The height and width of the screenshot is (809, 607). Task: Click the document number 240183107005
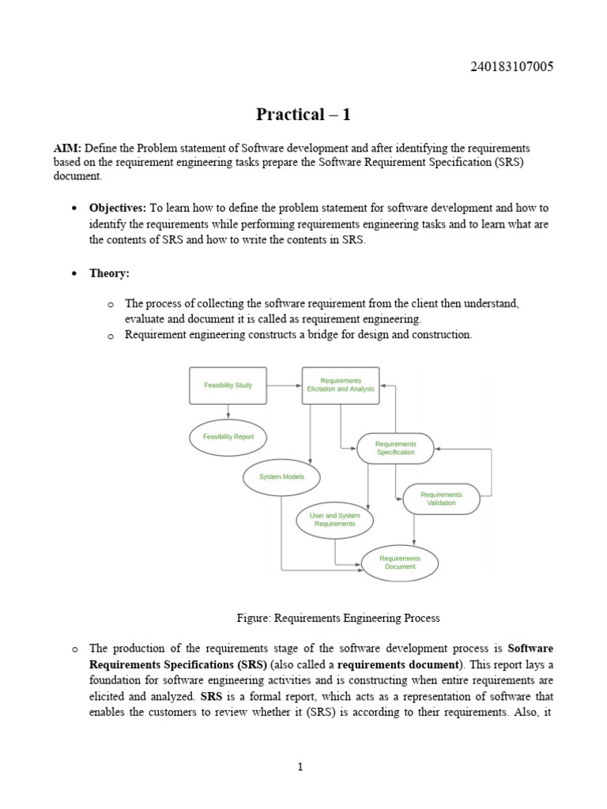tap(511, 66)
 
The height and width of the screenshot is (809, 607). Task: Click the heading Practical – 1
tap(303, 115)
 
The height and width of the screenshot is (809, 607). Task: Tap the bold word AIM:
tap(67, 149)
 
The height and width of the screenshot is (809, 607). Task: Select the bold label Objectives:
tap(118, 208)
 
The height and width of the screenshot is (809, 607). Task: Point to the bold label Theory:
tap(109, 273)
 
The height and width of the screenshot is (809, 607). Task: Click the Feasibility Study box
tap(228, 386)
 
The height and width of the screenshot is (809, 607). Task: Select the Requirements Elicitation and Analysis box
tap(341, 386)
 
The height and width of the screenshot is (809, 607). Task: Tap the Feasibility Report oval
tap(228, 437)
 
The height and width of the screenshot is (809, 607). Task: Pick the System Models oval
tap(281, 477)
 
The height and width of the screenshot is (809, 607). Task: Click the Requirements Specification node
tap(395, 449)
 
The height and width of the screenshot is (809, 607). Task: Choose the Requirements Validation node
tap(441, 499)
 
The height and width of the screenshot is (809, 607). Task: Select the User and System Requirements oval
tap(334, 520)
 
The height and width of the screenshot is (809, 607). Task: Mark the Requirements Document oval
tap(399, 563)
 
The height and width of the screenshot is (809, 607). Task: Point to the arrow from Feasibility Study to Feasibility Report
tap(228, 411)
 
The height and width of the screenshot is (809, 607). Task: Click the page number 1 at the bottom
tap(301, 766)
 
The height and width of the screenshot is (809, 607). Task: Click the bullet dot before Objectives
tap(74, 209)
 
